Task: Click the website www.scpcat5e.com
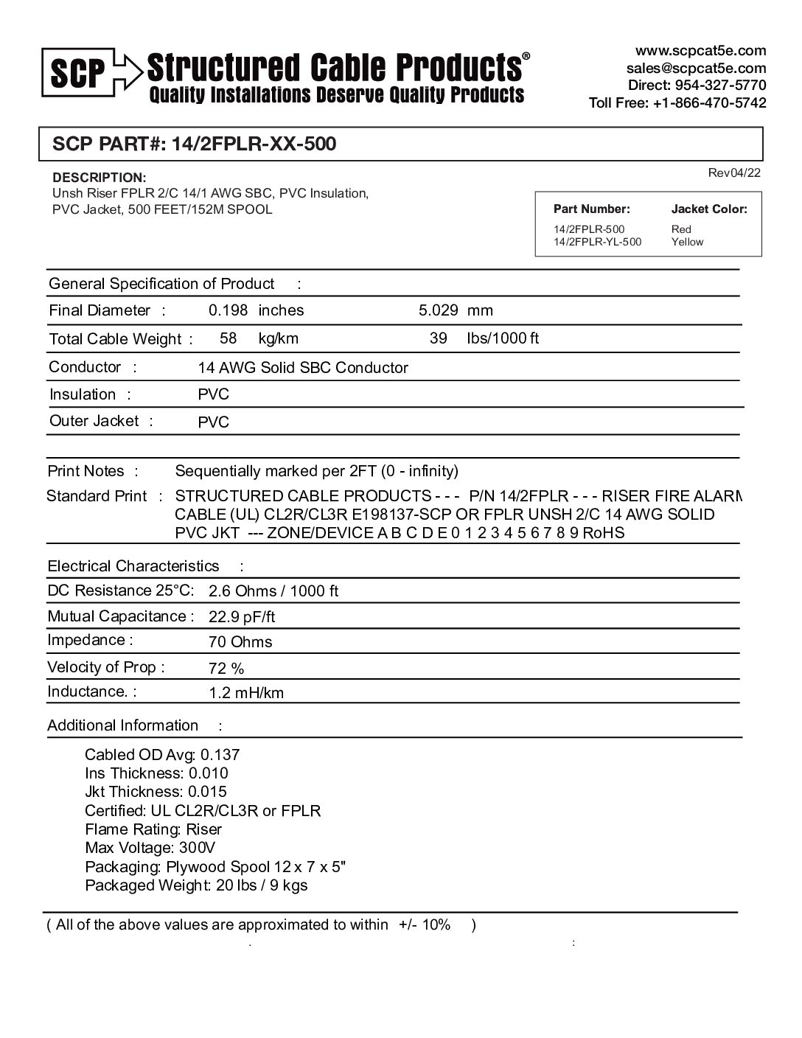(700, 51)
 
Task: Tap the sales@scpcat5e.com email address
(696, 68)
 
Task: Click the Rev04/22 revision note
(733, 173)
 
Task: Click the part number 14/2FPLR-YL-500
(597, 242)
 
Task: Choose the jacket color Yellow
(687, 242)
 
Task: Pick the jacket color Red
(681, 229)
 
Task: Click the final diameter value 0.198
(228, 310)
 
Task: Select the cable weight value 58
(229, 338)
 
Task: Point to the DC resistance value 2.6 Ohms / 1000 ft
(273, 591)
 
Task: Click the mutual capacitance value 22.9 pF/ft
(242, 617)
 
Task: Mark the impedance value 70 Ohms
(240, 642)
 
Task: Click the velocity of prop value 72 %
(226, 669)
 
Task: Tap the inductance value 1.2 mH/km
(246, 693)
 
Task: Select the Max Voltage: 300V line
(150, 848)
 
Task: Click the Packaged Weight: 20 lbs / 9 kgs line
(196, 885)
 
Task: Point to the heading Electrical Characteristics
(133, 566)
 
